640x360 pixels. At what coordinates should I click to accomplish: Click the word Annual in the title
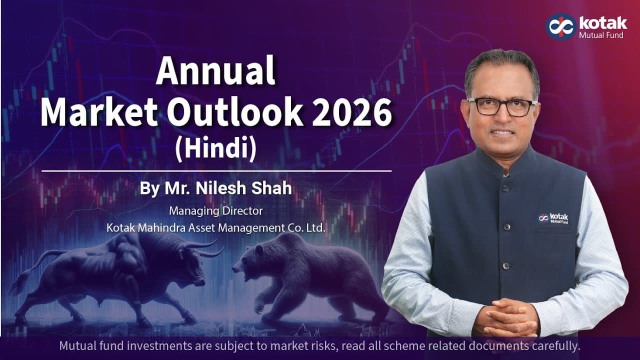(x=215, y=72)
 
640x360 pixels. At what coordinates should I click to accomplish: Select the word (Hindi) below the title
(x=215, y=149)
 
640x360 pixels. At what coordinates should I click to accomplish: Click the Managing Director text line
(x=215, y=211)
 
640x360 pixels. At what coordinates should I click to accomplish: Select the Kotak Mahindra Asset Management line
(x=216, y=228)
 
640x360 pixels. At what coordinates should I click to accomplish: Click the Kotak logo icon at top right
(x=560, y=26)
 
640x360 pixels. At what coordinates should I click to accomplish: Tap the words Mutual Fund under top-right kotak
(x=600, y=35)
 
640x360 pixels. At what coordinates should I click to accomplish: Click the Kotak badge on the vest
(x=553, y=217)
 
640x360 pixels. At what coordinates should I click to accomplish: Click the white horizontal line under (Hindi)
(x=215, y=171)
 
